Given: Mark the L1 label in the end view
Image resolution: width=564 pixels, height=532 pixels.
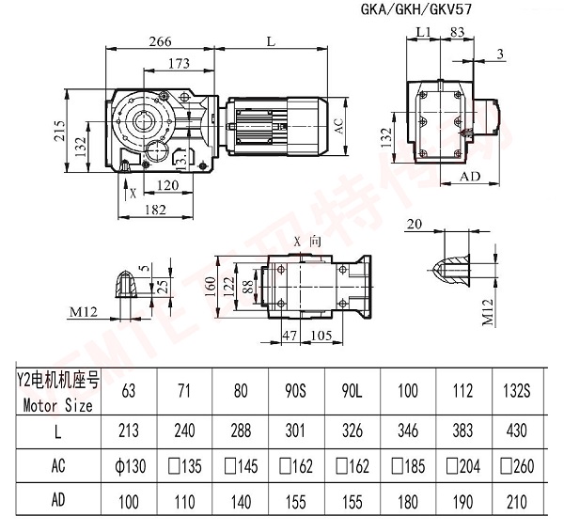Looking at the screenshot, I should (422, 32).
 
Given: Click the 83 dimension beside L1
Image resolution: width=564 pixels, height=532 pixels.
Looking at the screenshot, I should (457, 32).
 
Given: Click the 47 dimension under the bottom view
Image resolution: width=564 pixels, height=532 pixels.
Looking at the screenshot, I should (291, 336).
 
